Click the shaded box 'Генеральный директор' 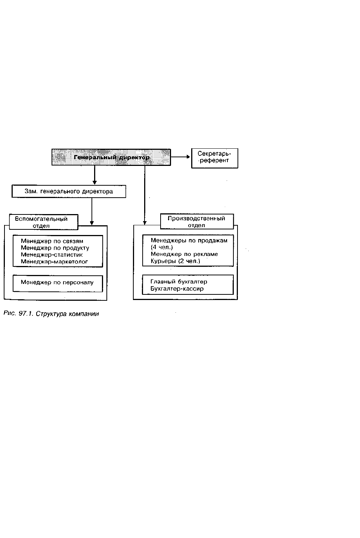point(111,157)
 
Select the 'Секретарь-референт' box point(215,158)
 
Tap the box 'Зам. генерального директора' point(69,191)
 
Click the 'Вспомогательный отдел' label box point(44,222)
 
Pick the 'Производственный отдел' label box point(197,222)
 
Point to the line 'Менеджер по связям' point(52,241)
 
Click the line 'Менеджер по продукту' point(55,248)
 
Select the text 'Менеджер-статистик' point(52,254)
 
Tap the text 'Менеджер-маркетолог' point(54,262)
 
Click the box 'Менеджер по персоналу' point(58,284)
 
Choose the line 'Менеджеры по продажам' point(189,241)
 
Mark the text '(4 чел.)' point(162,247)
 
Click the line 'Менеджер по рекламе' point(184,254)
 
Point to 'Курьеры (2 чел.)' point(176,261)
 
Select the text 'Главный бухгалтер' point(179,282)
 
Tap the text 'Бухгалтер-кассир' point(177,289)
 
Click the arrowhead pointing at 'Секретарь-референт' point(188,157)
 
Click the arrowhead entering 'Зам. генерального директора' point(94,183)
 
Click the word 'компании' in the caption point(84,314)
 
